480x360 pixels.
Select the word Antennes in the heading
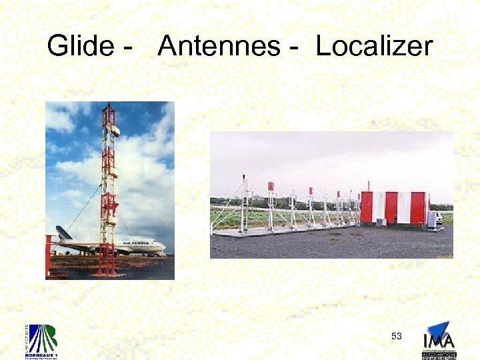click(219, 47)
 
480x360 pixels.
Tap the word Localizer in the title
click(374, 47)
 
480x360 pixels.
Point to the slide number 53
click(397, 336)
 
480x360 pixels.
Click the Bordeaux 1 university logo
click(42, 341)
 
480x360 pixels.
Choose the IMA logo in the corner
click(439, 340)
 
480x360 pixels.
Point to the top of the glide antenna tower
click(109, 107)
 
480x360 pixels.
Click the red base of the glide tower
click(106, 266)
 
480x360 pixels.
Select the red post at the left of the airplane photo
click(48, 257)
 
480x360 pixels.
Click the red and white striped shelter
click(394, 207)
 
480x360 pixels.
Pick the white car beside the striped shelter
click(435, 219)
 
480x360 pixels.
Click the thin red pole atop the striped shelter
click(368, 185)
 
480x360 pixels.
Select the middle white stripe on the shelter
click(403, 207)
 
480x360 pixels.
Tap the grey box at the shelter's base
click(381, 221)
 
